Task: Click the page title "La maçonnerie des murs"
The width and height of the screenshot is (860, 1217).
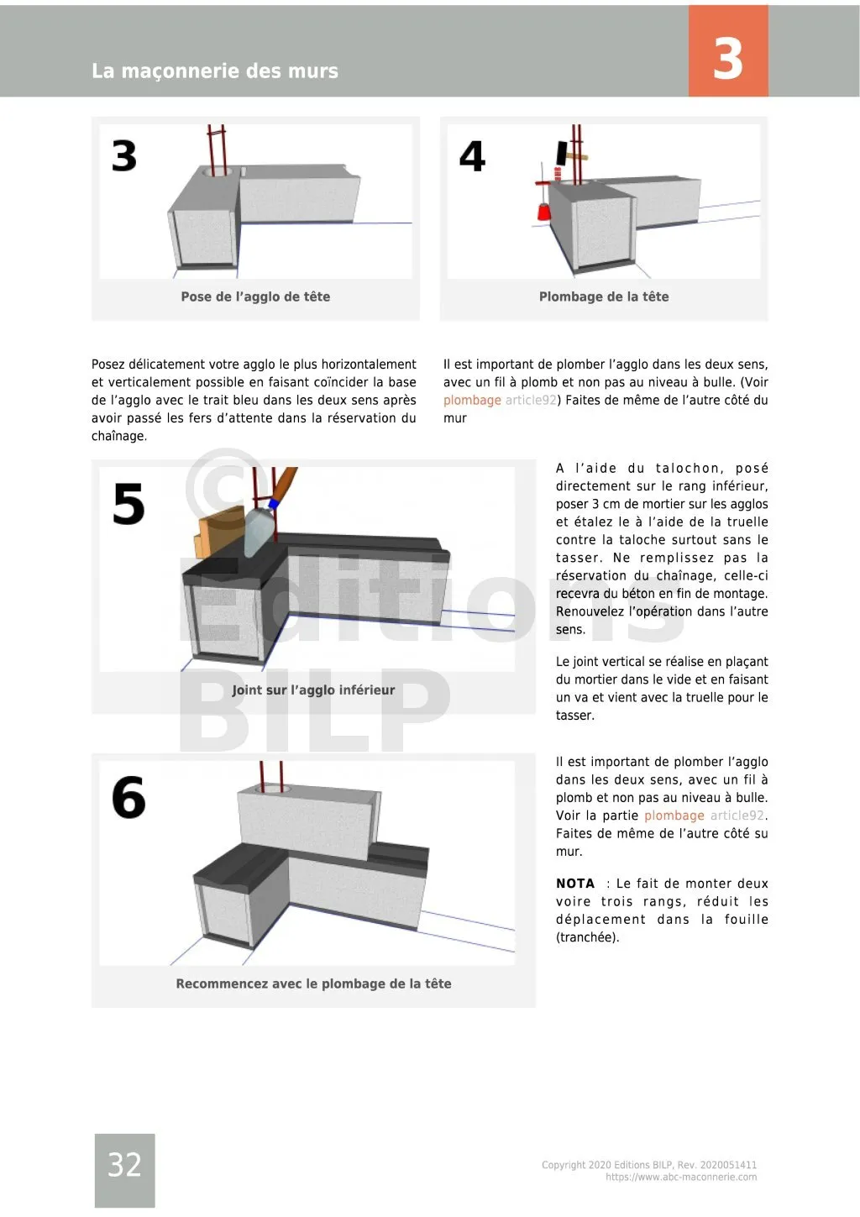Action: pyautogui.click(x=215, y=71)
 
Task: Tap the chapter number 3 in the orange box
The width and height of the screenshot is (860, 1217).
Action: pyautogui.click(x=727, y=58)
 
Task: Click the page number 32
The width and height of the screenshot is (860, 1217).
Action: pyautogui.click(x=124, y=1165)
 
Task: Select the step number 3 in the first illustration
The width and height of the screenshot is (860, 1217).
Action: pyautogui.click(x=124, y=156)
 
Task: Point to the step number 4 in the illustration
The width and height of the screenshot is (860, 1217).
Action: pyautogui.click(x=472, y=156)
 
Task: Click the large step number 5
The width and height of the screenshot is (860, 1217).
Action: pyautogui.click(x=128, y=505)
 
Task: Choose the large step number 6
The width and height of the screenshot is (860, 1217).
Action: pyautogui.click(x=128, y=797)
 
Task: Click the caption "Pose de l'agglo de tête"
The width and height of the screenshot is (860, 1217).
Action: pyautogui.click(x=255, y=296)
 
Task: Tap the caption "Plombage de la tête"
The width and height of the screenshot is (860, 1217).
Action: pyautogui.click(x=604, y=296)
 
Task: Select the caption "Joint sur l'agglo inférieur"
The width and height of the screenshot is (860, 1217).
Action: pyautogui.click(x=313, y=690)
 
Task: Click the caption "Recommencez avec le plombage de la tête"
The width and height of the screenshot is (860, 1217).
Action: pyautogui.click(x=313, y=984)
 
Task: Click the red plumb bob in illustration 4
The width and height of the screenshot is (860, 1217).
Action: pyautogui.click(x=544, y=212)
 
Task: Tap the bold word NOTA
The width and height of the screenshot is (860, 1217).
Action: pyautogui.click(x=575, y=884)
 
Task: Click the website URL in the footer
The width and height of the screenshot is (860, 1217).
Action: pyautogui.click(x=681, y=1178)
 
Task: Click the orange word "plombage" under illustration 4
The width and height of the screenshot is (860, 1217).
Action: pyautogui.click(x=472, y=401)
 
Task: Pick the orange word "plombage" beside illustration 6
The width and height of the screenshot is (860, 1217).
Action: pyautogui.click(x=674, y=816)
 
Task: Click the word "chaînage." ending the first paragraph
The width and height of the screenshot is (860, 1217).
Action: pyautogui.click(x=119, y=436)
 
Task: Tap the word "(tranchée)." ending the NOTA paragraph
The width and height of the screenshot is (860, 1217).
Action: pyautogui.click(x=588, y=937)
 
